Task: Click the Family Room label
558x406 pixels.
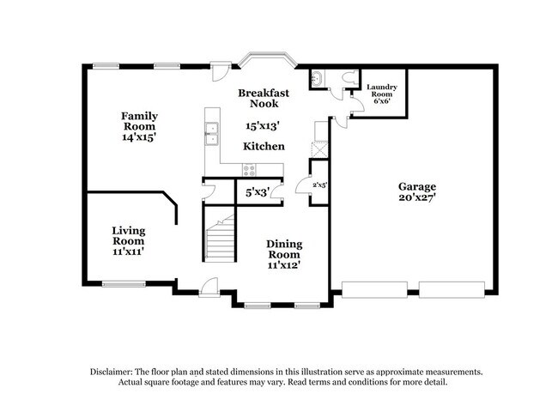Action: (x=138, y=125)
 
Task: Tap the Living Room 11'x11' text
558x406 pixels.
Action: (x=128, y=240)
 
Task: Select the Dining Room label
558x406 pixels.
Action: (x=284, y=254)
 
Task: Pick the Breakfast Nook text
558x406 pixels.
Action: (x=264, y=98)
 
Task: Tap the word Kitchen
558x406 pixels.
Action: (x=264, y=147)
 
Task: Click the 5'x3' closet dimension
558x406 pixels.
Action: (x=258, y=193)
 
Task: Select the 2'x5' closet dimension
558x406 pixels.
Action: (x=318, y=185)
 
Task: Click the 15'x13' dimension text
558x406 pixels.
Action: (x=264, y=125)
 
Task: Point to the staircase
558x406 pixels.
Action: (x=219, y=239)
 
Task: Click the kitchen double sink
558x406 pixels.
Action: (x=210, y=134)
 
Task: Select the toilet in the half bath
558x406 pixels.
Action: (x=347, y=77)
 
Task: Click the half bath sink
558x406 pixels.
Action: (x=318, y=78)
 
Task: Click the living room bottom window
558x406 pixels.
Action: (x=124, y=284)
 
